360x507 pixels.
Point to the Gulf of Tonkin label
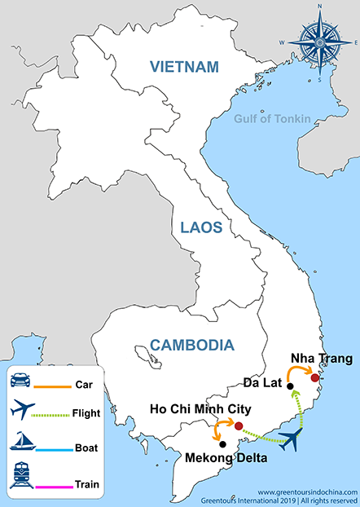tap(272, 119)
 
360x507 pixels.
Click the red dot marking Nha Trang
tap(315, 377)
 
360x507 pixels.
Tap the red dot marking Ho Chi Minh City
tap(238, 425)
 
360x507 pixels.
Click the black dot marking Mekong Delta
tap(222, 445)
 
